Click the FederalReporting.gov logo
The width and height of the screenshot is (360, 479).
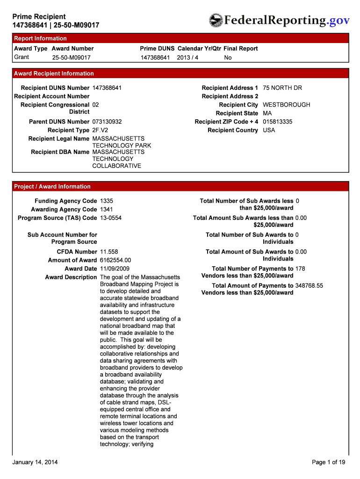pyautogui.click(x=279, y=20)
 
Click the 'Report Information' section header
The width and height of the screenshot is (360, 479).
pyautogui.click(x=40, y=38)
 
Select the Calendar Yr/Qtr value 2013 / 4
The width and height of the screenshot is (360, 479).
pyautogui.click(x=187, y=58)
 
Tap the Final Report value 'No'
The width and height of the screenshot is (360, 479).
pyautogui.click(x=228, y=58)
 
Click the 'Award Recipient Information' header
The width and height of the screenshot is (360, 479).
pyautogui.click(x=54, y=73)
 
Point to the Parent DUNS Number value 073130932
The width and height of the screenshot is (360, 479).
pyautogui.click(x=107, y=122)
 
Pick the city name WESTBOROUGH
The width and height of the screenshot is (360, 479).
pyautogui.click(x=286, y=105)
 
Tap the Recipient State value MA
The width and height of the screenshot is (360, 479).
pyautogui.click(x=267, y=113)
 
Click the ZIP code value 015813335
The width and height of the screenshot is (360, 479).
pyautogui.click(x=277, y=122)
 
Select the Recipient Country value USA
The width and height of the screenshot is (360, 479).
pyautogui.click(x=269, y=130)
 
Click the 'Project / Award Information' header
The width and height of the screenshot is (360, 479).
pyautogui.click(x=52, y=187)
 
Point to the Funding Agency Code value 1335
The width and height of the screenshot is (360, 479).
pyautogui.click(x=107, y=201)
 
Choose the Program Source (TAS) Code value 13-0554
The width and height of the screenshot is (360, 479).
pyautogui.click(x=111, y=218)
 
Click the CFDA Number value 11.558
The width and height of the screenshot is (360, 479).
pyautogui.click(x=109, y=252)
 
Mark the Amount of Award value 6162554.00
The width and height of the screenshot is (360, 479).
pyautogui.click(x=115, y=260)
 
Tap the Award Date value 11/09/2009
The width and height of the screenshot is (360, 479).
pyautogui.click(x=115, y=269)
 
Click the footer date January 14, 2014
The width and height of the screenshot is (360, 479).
pyautogui.click(x=35, y=462)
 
